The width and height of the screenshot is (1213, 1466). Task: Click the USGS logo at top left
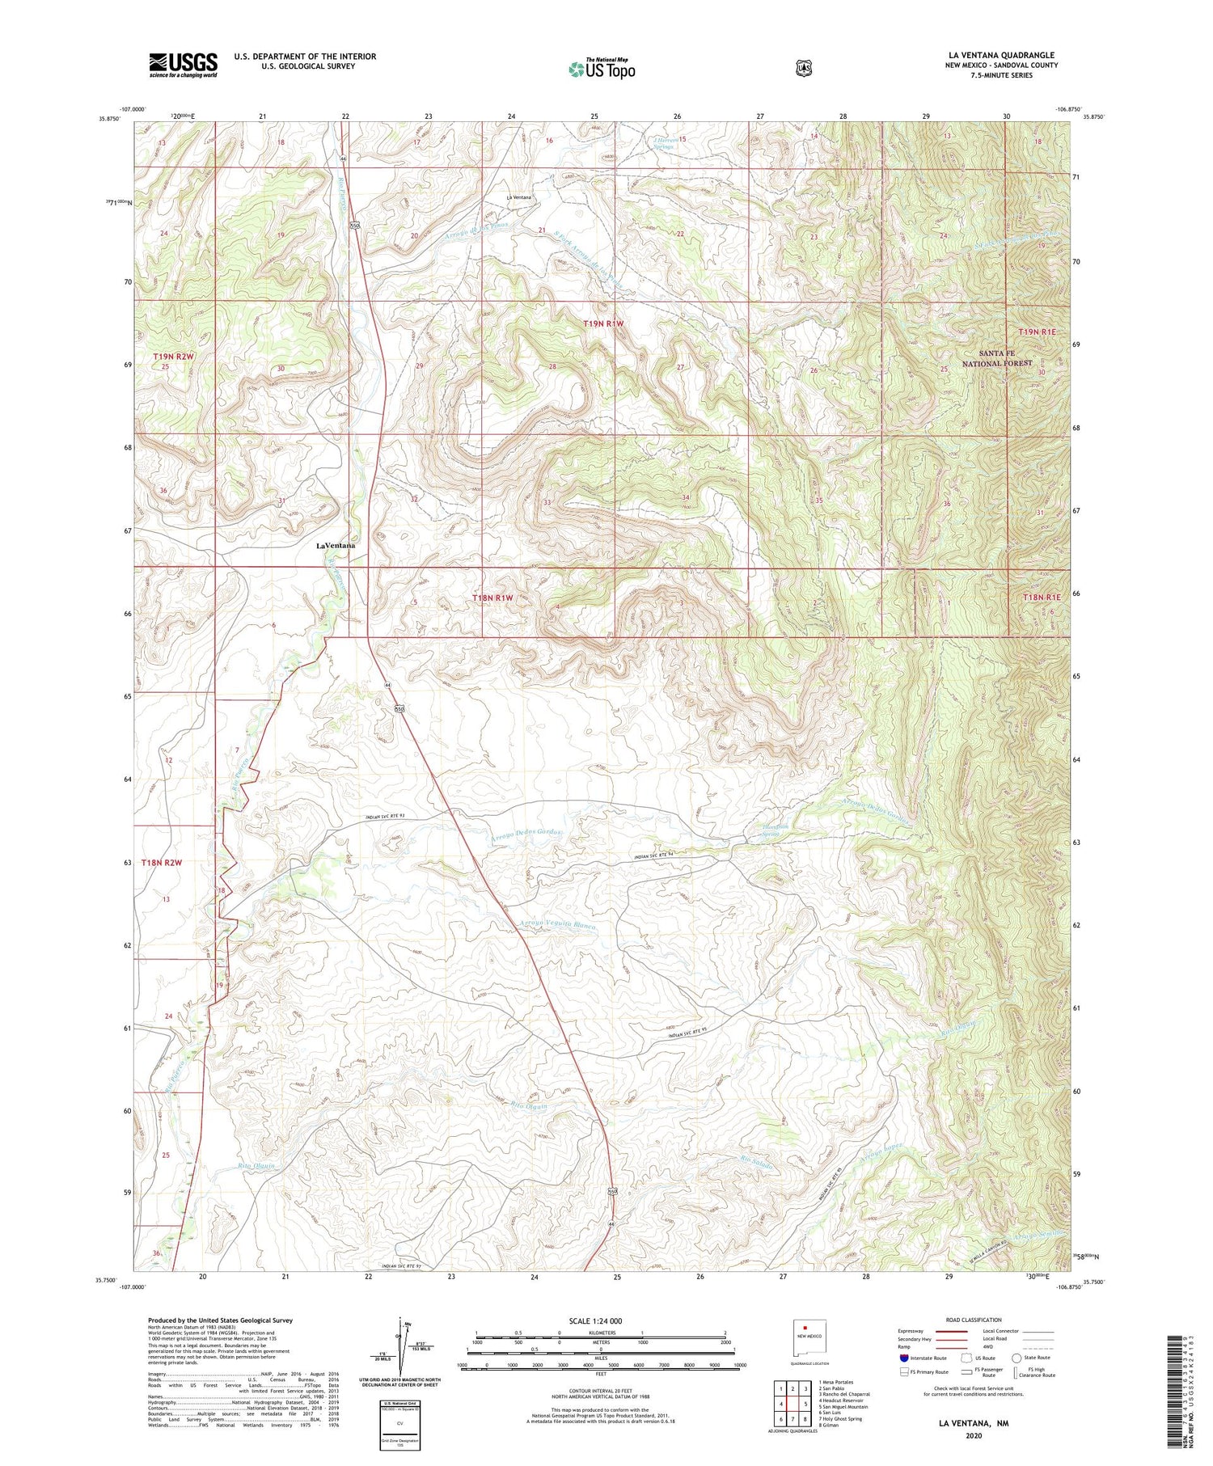[x=183, y=65]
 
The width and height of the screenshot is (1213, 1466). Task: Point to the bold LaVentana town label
[x=336, y=546]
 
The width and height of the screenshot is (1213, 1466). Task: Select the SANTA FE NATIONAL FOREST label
[x=996, y=358]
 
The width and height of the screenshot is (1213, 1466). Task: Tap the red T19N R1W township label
[x=604, y=323]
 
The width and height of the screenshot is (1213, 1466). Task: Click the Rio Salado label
[x=757, y=1163]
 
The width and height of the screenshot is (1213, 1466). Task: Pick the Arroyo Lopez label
[x=880, y=1158]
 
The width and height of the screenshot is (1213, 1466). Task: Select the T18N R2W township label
[x=162, y=863]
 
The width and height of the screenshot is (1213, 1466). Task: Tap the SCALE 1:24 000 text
[x=595, y=1320]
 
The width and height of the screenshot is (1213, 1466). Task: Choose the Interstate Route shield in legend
[x=904, y=1358]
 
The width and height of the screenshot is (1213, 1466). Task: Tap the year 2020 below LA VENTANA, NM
[x=973, y=1436]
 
